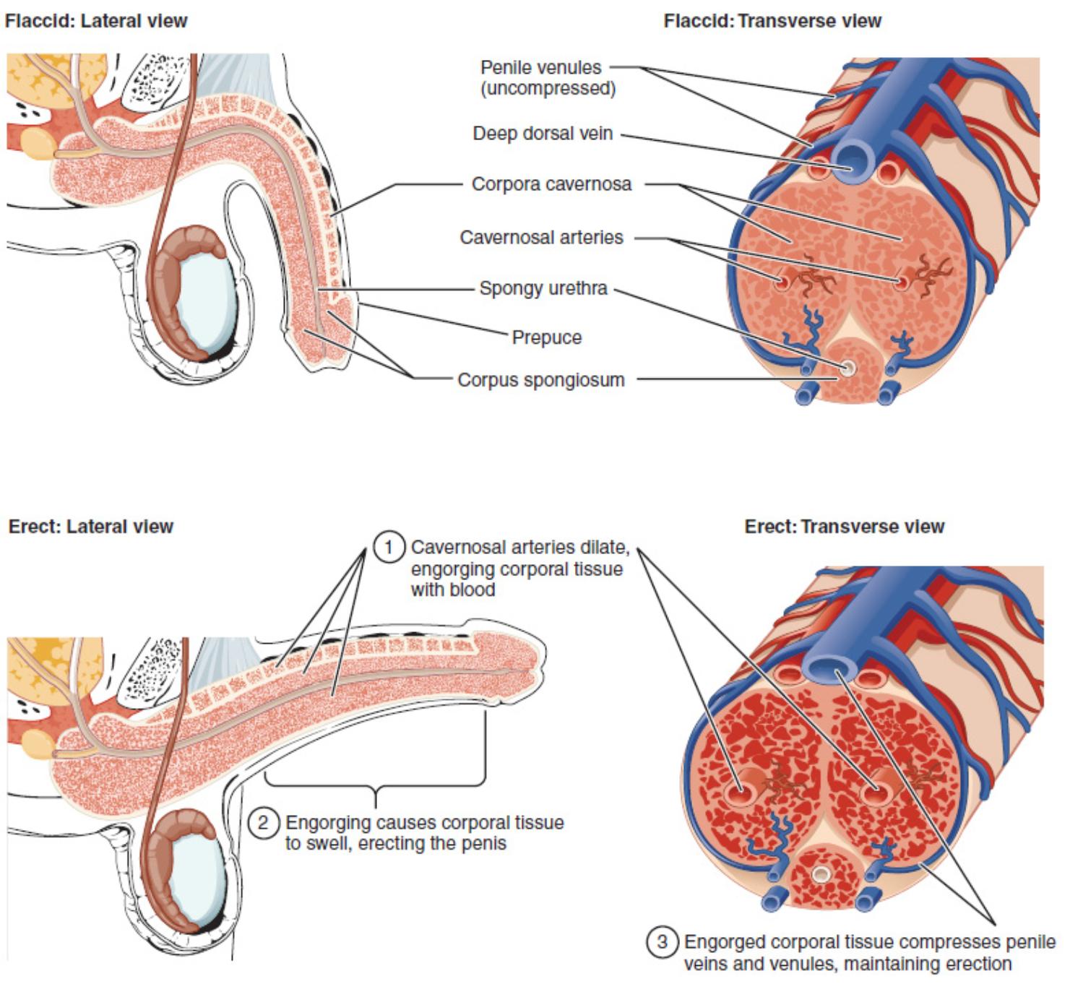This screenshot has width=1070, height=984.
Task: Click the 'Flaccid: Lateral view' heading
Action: coord(96,21)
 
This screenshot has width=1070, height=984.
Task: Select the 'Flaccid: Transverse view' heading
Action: coord(772,21)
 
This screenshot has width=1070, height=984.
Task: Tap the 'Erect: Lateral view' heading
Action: coord(91,526)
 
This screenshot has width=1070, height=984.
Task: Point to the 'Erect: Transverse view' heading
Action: coord(844,526)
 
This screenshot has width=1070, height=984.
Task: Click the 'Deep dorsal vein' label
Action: coord(543,134)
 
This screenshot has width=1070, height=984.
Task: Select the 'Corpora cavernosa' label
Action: coord(551,184)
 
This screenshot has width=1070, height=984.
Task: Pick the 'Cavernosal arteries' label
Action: coord(541,237)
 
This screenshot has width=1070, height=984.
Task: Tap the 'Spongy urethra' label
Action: coord(543,288)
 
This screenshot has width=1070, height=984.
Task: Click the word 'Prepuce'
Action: coord(547,337)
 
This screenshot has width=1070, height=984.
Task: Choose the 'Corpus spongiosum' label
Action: coord(541,380)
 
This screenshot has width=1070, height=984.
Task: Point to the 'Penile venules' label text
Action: coord(541,68)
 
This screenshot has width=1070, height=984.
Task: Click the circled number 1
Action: coord(388,547)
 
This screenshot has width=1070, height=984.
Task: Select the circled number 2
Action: coord(263,822)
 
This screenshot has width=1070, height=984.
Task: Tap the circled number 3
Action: coord(661,942)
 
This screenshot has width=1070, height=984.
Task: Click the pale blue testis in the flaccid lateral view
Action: coord(204,300)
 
